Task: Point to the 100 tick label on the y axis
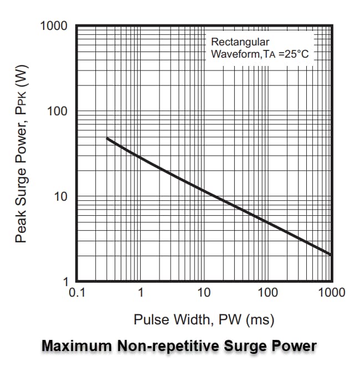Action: pos(56,111)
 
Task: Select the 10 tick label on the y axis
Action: pos(60,196)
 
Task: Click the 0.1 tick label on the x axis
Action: pos(76,292)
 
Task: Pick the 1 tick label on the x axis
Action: pos(141,292)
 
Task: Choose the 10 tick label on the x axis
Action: pos(204,292)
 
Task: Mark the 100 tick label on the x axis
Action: pos(268,292)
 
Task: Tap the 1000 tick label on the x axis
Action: pos(331,292)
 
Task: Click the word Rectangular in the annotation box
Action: pos(240,42)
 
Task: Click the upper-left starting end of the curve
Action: pos(107,138)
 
